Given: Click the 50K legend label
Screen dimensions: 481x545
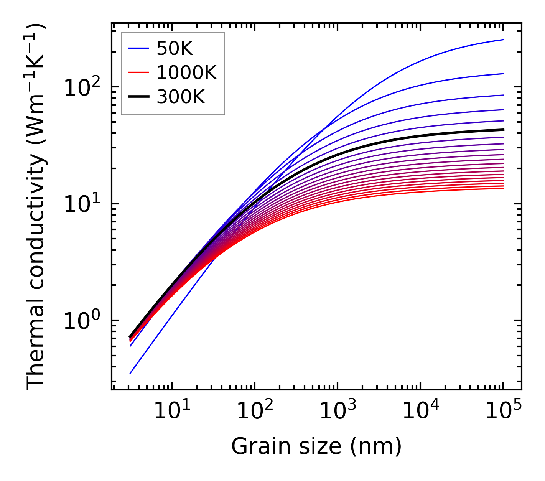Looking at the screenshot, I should pos(175,48).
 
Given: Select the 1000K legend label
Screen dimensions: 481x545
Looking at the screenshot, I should pos(186,72).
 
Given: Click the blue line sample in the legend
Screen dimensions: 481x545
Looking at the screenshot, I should pos(138,48).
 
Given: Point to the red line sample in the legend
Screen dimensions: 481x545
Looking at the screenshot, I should pos(138,72).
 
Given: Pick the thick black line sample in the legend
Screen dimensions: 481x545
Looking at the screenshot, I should pos(138,97).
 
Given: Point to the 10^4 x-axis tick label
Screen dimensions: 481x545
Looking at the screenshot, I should pos(420,412).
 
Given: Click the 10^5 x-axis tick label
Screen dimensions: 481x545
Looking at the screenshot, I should pos(502,412).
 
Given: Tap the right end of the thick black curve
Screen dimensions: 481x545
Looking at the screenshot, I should pos(503,130).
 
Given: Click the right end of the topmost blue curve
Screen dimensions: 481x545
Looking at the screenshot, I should pos(503,40).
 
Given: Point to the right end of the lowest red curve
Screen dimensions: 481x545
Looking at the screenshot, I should pos(503,188).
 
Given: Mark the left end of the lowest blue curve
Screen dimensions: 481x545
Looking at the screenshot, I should pos(130,373).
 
